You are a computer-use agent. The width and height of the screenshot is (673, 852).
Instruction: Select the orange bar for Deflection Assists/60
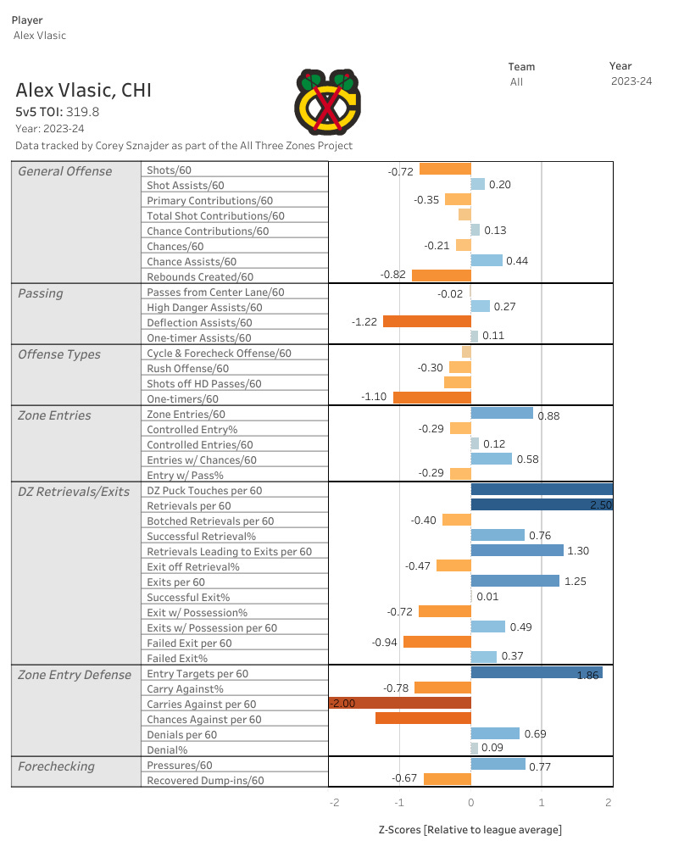pyautogui.click(x=426, y=322)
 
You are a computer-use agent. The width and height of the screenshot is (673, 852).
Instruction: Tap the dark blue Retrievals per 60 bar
pyautogui.click(x=541, y=505)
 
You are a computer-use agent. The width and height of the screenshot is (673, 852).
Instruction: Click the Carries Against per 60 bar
pyautogui.click(x=400, y=704)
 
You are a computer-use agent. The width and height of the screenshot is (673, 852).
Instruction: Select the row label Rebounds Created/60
pyautogui.click(x=200, y=276)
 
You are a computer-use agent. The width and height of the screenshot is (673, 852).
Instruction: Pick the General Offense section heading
pyautogui.click(x=65, y=171)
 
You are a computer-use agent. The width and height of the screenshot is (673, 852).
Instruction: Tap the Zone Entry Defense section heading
pyautogui.click(x=75, y=675)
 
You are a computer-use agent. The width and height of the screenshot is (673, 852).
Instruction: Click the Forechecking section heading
pyautogui.click(x=56, y=766)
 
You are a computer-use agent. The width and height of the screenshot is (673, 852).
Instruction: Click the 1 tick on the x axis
pyautogui.click(x=541, y=802)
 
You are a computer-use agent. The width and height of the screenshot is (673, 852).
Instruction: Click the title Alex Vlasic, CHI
pyautogui.click(x=84, y=90)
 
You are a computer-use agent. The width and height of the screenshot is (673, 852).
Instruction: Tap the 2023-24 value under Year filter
pyautogui.click(x=631, y=81)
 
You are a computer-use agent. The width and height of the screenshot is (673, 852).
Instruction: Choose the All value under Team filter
pyautogui.click(x=516, y=82)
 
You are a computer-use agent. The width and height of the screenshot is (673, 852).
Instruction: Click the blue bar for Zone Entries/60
pyautogui.click(x=502, y=414)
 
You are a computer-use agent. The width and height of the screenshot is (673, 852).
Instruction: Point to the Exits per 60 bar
pyautogui.click(x=514, y=582)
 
